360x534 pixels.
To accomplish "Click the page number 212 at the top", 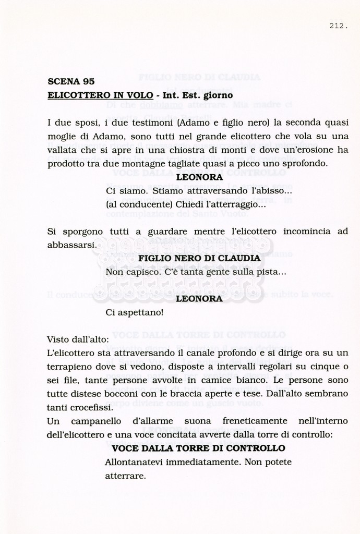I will [339, 25].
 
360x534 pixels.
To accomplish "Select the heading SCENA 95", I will [71, 81].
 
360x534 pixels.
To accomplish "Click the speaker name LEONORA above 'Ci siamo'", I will [200, 177].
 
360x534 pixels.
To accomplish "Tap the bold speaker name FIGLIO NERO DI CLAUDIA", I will [199, 258].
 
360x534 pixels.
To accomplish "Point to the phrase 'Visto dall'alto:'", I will [78, 339].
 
